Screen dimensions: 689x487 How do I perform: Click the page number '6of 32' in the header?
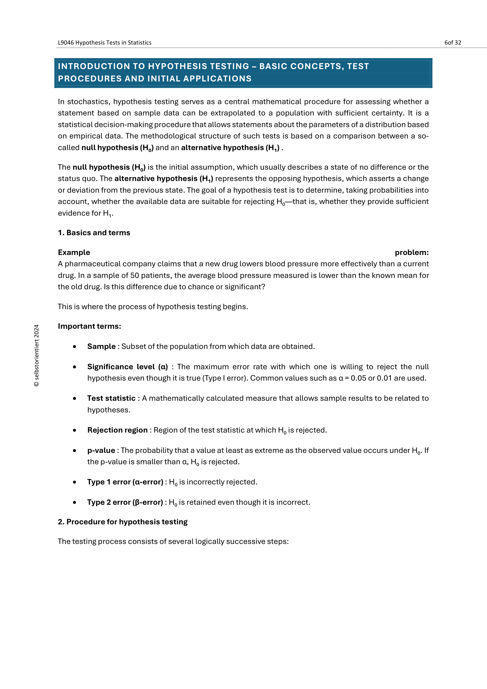click(x=453, y=43)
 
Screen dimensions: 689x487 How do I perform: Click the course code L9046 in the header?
click(x=66, y=43)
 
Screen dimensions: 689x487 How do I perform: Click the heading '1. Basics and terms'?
click(x=94, y=233)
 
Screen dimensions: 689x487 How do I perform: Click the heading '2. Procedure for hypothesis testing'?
click(x=123, y=522)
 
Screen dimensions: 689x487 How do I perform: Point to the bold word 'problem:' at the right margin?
click(x=411, y=252)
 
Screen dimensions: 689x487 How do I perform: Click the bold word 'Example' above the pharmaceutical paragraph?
click(x=74, y=252)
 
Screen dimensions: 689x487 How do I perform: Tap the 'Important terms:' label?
click(x=90, y=326)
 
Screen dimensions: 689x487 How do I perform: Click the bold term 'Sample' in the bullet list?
click(x=101, y=346)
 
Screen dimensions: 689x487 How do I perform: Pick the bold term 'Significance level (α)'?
click(x=127, y=367)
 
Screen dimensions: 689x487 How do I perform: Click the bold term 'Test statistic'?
click(x=111, y=398)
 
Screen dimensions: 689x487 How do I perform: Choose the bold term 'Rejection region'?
click(x=117, y=430)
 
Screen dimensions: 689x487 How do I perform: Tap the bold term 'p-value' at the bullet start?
click(x=101, y=450)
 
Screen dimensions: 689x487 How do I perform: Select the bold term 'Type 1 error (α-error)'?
click(x=125, y=482)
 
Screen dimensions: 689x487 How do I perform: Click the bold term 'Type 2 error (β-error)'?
click(x=125, y=502)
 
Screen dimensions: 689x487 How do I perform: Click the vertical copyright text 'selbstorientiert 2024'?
click(x=37, y=356)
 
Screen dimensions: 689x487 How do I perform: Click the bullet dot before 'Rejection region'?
click(x=74, y=430)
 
